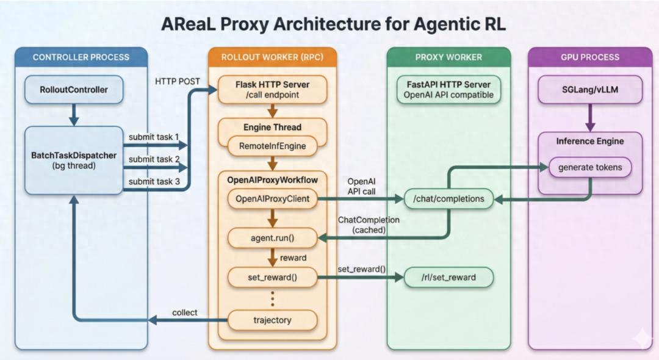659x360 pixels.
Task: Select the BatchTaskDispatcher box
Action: pyautogui.click(x=74, y=160)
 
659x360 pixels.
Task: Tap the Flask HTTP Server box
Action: pyautogui.click(x=273, y=90)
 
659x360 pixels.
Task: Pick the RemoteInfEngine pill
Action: pyautogui.click(x=272, y=146)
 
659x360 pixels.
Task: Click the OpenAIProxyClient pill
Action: pyautogui.click(x=272, y=198)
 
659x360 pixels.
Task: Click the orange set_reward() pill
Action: pyautogui.click(x=272, y=278)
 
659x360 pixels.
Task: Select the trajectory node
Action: pyautogui.click(x=272, y=319)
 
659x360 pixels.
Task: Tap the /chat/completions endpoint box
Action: pyautogui.click(x=448, y=198)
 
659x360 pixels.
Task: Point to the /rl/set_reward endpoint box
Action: pyautogui.click(x=448, y=278)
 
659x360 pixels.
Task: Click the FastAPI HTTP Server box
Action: pyautogui.click(x=448, y=90)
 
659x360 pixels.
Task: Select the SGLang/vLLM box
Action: pyautogui.click(x=589, y=90)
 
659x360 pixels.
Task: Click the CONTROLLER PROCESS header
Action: pyautogui.click(x=81, y=57)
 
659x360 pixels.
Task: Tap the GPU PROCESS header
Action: pyautogui.click(x=589, y=57)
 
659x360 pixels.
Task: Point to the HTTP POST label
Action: pyautogui.click(x=178, y=81)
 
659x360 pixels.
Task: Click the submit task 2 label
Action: pyautogui.click(x=154, y=159)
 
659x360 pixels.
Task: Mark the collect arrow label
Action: pyautogui.click(x=184, y=312)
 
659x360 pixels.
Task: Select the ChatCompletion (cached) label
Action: pyautogui.click(x=369, y=225)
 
